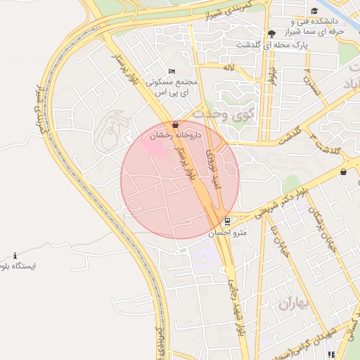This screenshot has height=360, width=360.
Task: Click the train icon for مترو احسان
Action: click(226, 221)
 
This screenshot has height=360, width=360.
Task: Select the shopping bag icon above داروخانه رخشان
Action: click(174, 123)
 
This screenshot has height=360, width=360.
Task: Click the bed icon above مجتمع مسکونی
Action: click(172, 70)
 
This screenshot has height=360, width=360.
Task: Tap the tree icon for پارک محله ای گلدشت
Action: click(271, 34)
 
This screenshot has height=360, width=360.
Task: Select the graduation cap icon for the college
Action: click(314, 11)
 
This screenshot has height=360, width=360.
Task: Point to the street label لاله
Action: click(226, 67)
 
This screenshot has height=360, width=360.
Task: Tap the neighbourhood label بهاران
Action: click(295, 304)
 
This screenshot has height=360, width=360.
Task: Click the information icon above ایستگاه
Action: click(16, 255)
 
